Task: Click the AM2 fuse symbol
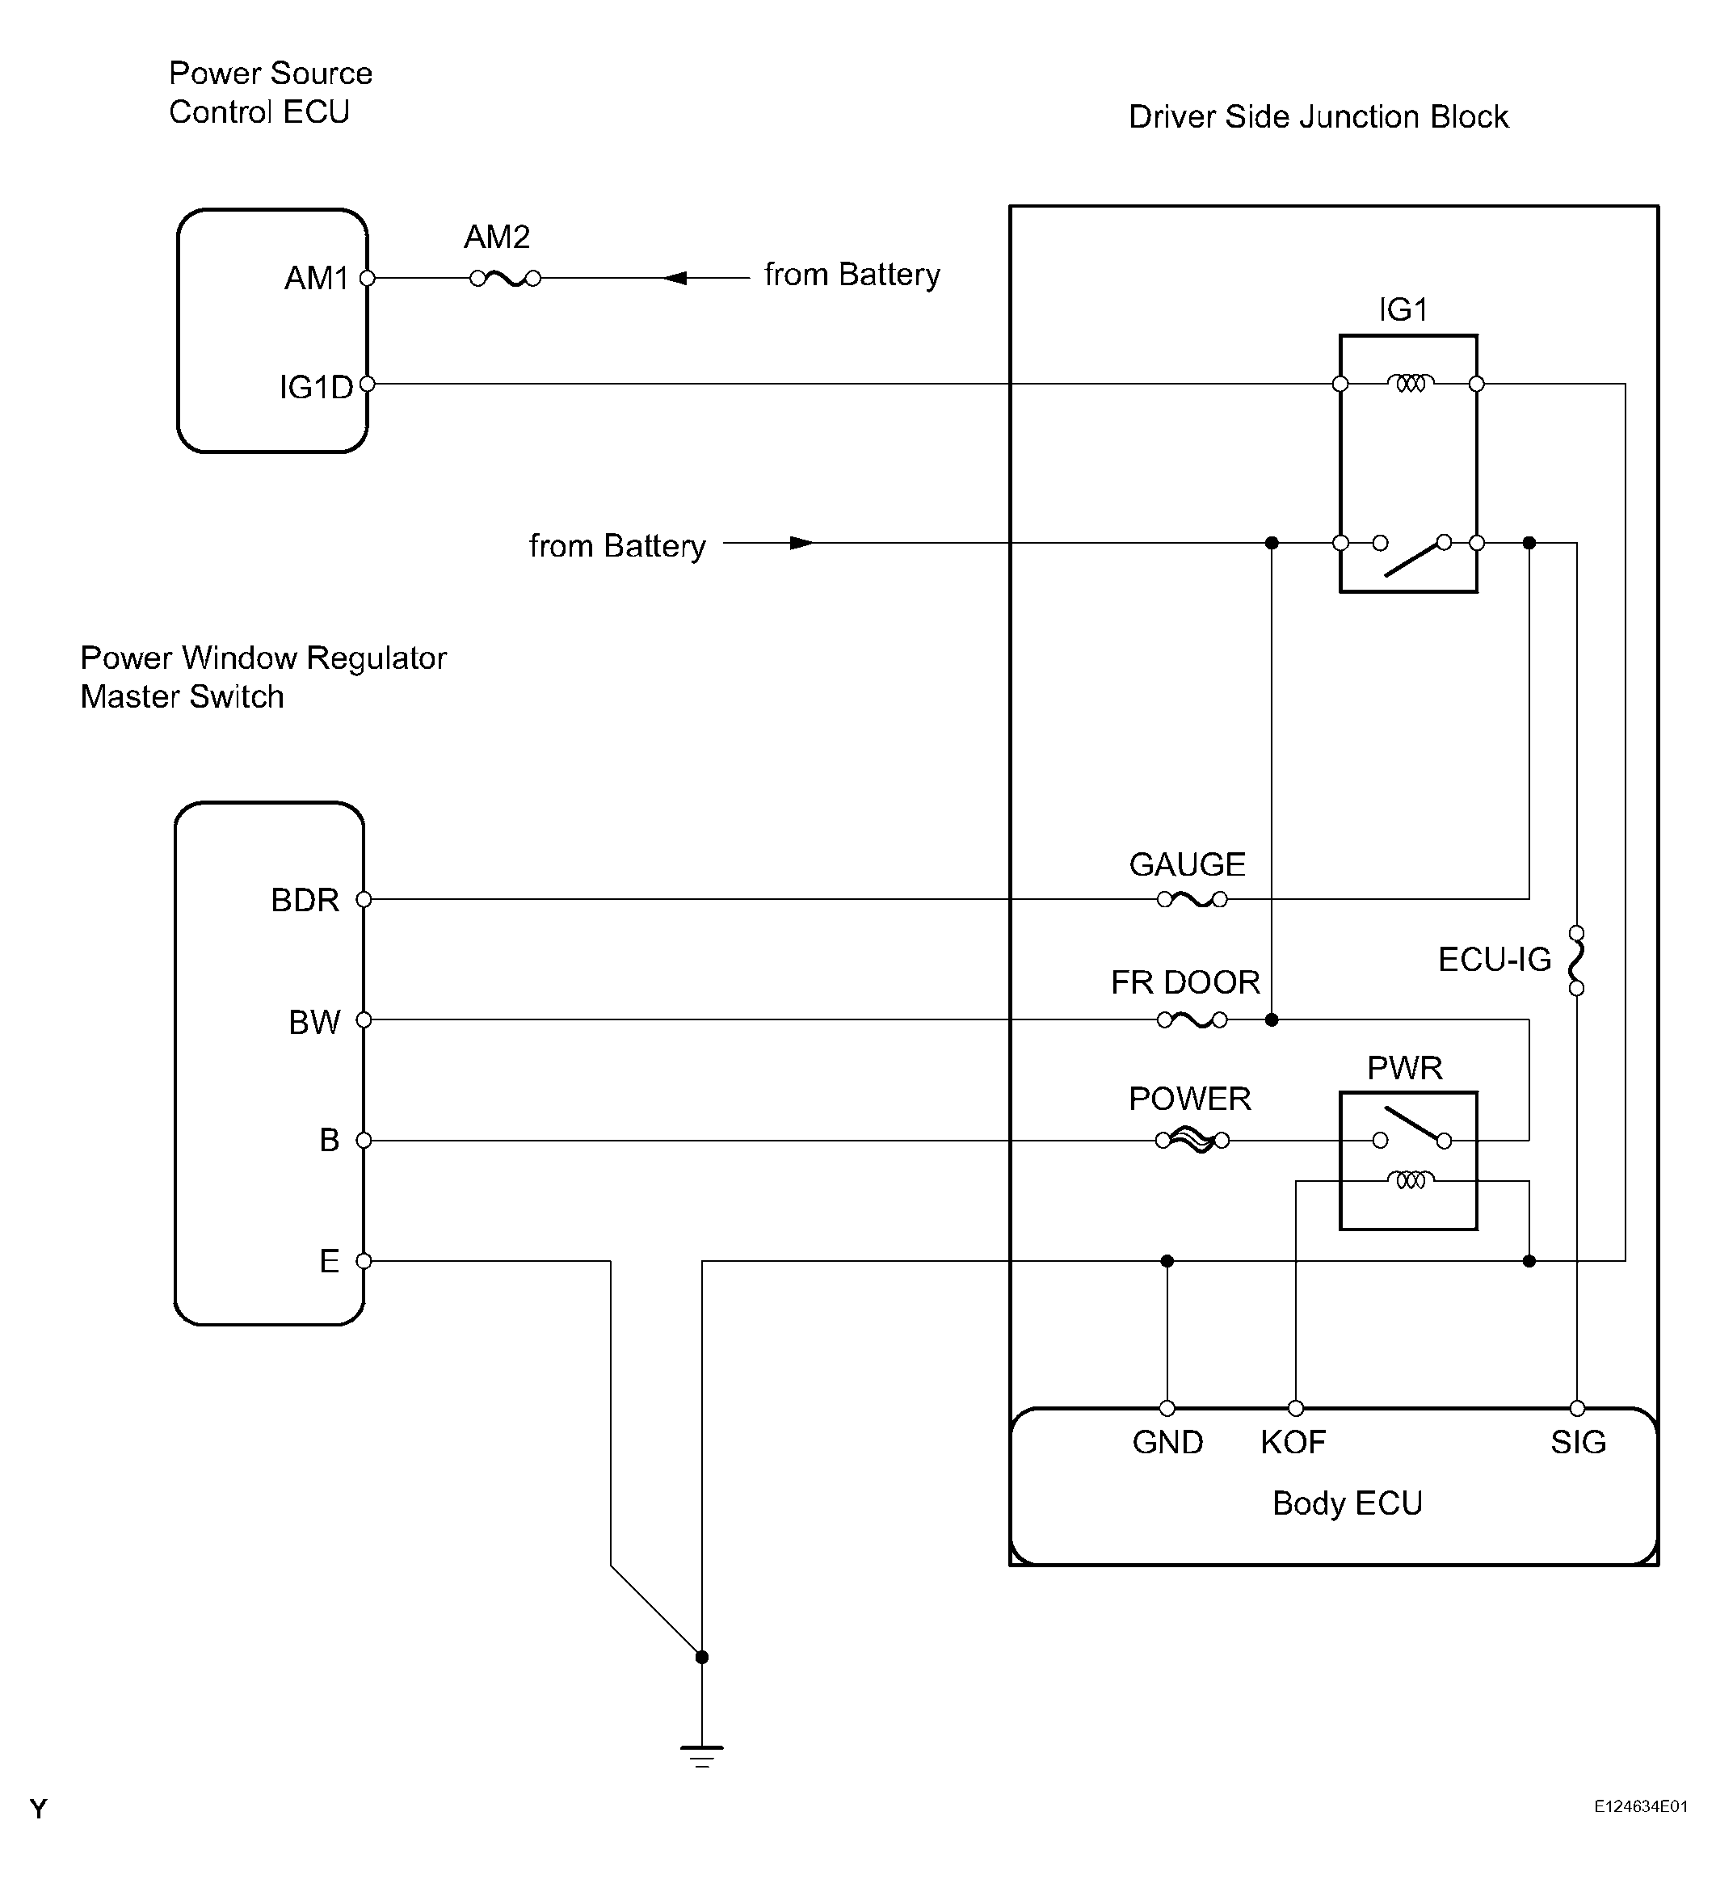click(x=505, y=278)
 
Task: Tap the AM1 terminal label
click(x=316, y=278)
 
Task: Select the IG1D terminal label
click(x=316, y=387)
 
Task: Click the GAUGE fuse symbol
click(x=1191, y=899)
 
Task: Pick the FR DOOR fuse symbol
click(x=1191, y=1020)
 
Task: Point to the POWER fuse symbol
click(x=1191, y=1140)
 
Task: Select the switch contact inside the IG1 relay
click(x=1412, y=556)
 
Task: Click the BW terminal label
click(x=314, y=1023)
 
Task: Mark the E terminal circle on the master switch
click(x=364, y=1261)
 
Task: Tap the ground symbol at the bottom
click(x=702, y=1756)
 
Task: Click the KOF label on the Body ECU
click(x=1293, y=1443)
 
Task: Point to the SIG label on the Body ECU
click(x=1578, y=1443)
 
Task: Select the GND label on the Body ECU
click(x=1167, y=1443)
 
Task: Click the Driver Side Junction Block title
click(x=1318, y=117)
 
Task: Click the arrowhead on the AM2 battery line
click(x=675, y=278)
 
